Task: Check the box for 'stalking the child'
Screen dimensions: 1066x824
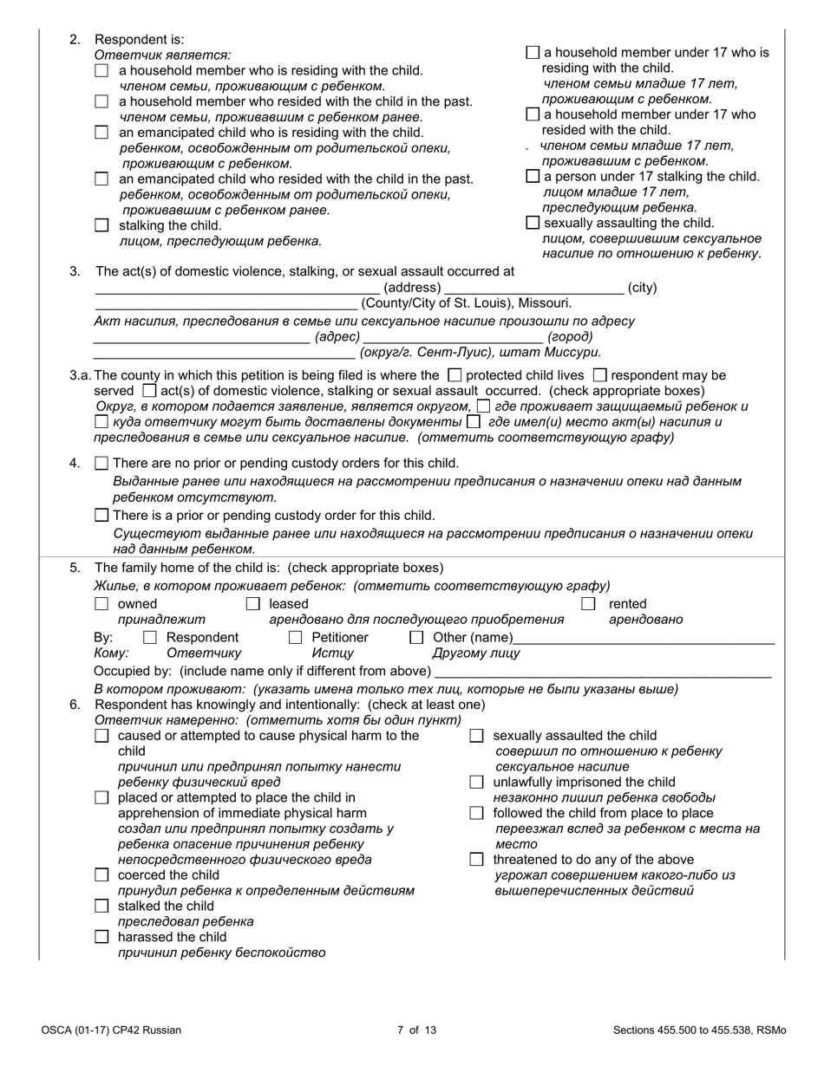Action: [x=101, y=225]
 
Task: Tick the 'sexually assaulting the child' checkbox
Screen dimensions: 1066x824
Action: [x=533, y=223]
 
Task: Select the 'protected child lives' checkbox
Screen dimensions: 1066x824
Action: [x=454, y=375]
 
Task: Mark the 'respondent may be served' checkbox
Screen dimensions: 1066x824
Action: [x=599, y=375]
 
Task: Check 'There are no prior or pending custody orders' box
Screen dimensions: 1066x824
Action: [x=101, y=463]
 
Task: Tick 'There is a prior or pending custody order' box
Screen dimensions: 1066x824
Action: [x=101, y=516]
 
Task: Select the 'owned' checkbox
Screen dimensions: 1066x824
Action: [x=101, y=603]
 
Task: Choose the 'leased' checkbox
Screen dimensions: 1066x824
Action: [x=253, y=603]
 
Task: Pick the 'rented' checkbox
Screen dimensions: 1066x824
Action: [x=588, y=603]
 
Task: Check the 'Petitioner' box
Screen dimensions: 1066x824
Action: [x=295, y=638]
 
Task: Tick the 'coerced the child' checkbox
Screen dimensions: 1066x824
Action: [x=101, y=875]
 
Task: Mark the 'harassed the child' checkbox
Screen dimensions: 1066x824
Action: [x=101, y=937]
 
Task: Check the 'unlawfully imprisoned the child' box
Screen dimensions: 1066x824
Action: [x=476, y=782]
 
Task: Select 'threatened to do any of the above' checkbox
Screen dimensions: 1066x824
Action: [x=476, y=859]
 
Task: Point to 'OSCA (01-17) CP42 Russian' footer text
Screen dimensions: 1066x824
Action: [x=111, y=1030]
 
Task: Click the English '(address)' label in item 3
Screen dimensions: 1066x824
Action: [x=412, y=288]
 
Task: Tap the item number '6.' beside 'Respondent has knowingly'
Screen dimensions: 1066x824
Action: [x=75, y=705]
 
